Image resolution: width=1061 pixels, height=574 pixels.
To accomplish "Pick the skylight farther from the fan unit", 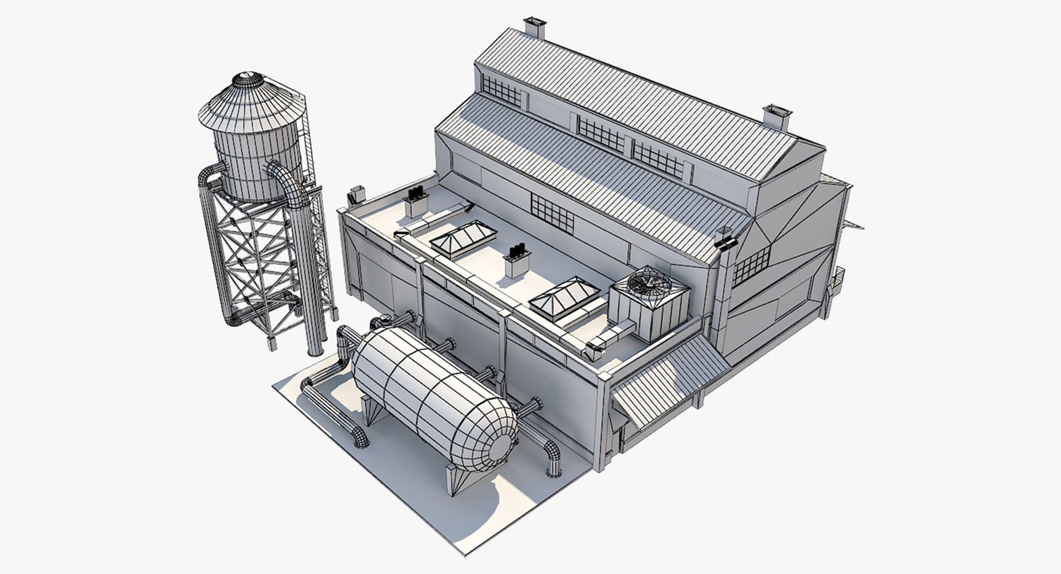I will (463, 238).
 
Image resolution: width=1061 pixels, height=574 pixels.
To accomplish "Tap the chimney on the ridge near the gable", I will (776, 117).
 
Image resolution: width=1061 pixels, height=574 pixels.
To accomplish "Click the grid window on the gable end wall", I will (751, 265).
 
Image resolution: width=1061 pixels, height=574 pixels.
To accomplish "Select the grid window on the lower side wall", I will (552, 213).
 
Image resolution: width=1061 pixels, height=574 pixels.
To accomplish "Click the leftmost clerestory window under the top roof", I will (501, 91).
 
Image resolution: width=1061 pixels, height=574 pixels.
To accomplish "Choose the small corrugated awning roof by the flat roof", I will (669, 382).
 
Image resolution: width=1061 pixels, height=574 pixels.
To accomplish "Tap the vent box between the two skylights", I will (517, 263).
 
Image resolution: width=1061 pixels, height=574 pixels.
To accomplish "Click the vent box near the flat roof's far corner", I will (416, 203).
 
